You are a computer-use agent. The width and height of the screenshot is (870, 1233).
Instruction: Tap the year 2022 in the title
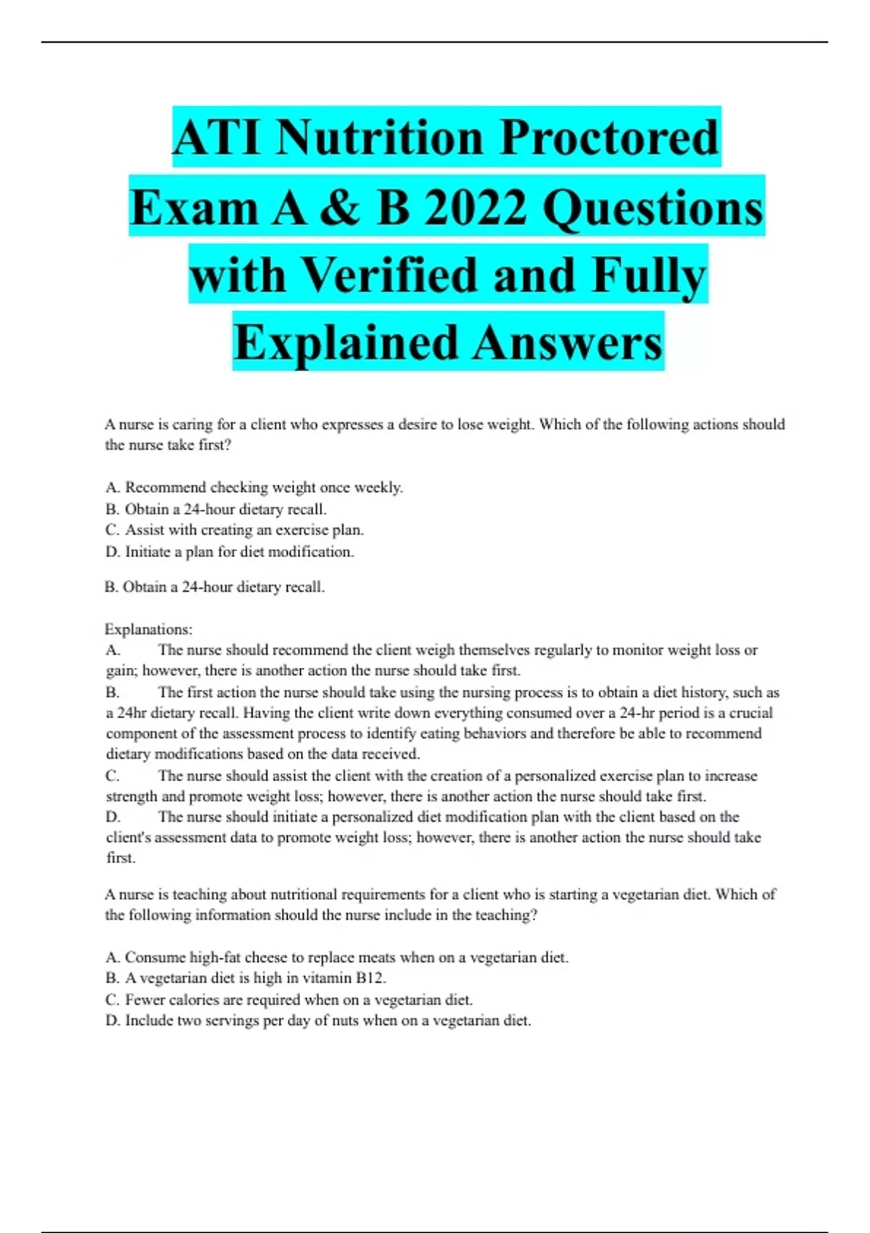[x=475, y=207]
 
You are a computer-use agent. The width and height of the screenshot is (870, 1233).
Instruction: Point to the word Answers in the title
[x=569, y=343]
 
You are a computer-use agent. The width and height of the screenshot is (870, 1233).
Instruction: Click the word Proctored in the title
[x=609, y=138]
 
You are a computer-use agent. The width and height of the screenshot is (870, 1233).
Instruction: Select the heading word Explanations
[x=149, y=629]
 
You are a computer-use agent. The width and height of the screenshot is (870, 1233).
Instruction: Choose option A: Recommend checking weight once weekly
[x=254, y=487]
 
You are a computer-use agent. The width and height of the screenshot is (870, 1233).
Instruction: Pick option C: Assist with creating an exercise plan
[x=234, y=530]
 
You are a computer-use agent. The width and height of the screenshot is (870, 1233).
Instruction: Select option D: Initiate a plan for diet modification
[x=230, y=552]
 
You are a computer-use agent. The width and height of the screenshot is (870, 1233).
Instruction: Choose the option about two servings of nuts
[x=318, y=1020]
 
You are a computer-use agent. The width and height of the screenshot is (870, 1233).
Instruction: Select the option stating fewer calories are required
[x=289, y=999]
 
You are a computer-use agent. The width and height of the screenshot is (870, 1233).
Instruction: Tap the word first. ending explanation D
[x=121, y=858]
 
